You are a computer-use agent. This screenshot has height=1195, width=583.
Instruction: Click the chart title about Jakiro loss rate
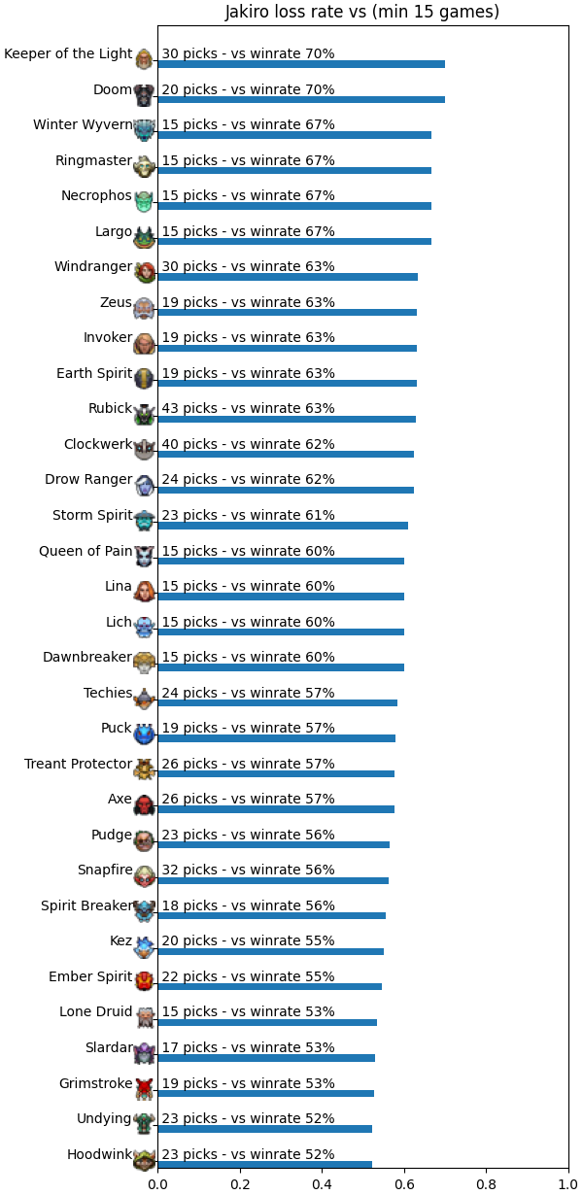(x=361, y=12)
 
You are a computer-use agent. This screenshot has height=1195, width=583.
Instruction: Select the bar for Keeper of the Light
(x=301, y=64)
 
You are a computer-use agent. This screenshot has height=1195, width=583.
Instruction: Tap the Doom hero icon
(x=144, y=95)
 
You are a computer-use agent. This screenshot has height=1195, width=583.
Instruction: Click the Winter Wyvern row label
(x=83, y=124)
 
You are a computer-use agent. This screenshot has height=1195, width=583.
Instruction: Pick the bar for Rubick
(x=287, y=419)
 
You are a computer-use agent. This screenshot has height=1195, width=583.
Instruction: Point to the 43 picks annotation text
(x=248, y=408)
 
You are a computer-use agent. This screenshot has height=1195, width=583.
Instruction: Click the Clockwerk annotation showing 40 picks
(x=248, y=444)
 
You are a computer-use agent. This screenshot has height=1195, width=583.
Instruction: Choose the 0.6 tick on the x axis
(x=404, y=1185)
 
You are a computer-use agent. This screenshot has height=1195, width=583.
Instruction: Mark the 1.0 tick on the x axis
(x=568, y=1185)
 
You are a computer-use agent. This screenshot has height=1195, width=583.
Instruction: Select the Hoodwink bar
(x=264, y=1165)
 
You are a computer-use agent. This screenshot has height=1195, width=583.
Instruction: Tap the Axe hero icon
(x=144, y=805)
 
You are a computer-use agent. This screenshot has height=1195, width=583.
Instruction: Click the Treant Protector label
(x=78, y=764)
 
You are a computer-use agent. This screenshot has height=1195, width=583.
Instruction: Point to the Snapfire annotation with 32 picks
(x=248, y=870)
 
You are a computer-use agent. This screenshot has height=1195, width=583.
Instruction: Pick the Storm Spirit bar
(x=283, y=526)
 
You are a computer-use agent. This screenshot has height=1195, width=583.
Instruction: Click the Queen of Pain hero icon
(x=144, y=557)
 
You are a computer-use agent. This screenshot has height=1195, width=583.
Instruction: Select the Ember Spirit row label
(x=90, y=976)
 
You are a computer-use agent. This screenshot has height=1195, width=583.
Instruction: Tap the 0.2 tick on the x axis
(x=240, y=1185)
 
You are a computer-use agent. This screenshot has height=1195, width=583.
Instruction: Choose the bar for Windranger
(x=288, y=277)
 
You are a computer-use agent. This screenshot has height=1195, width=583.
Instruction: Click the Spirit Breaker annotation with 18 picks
(x=248, y=905)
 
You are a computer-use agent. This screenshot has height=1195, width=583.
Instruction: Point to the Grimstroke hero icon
(x=144, y=1089)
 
